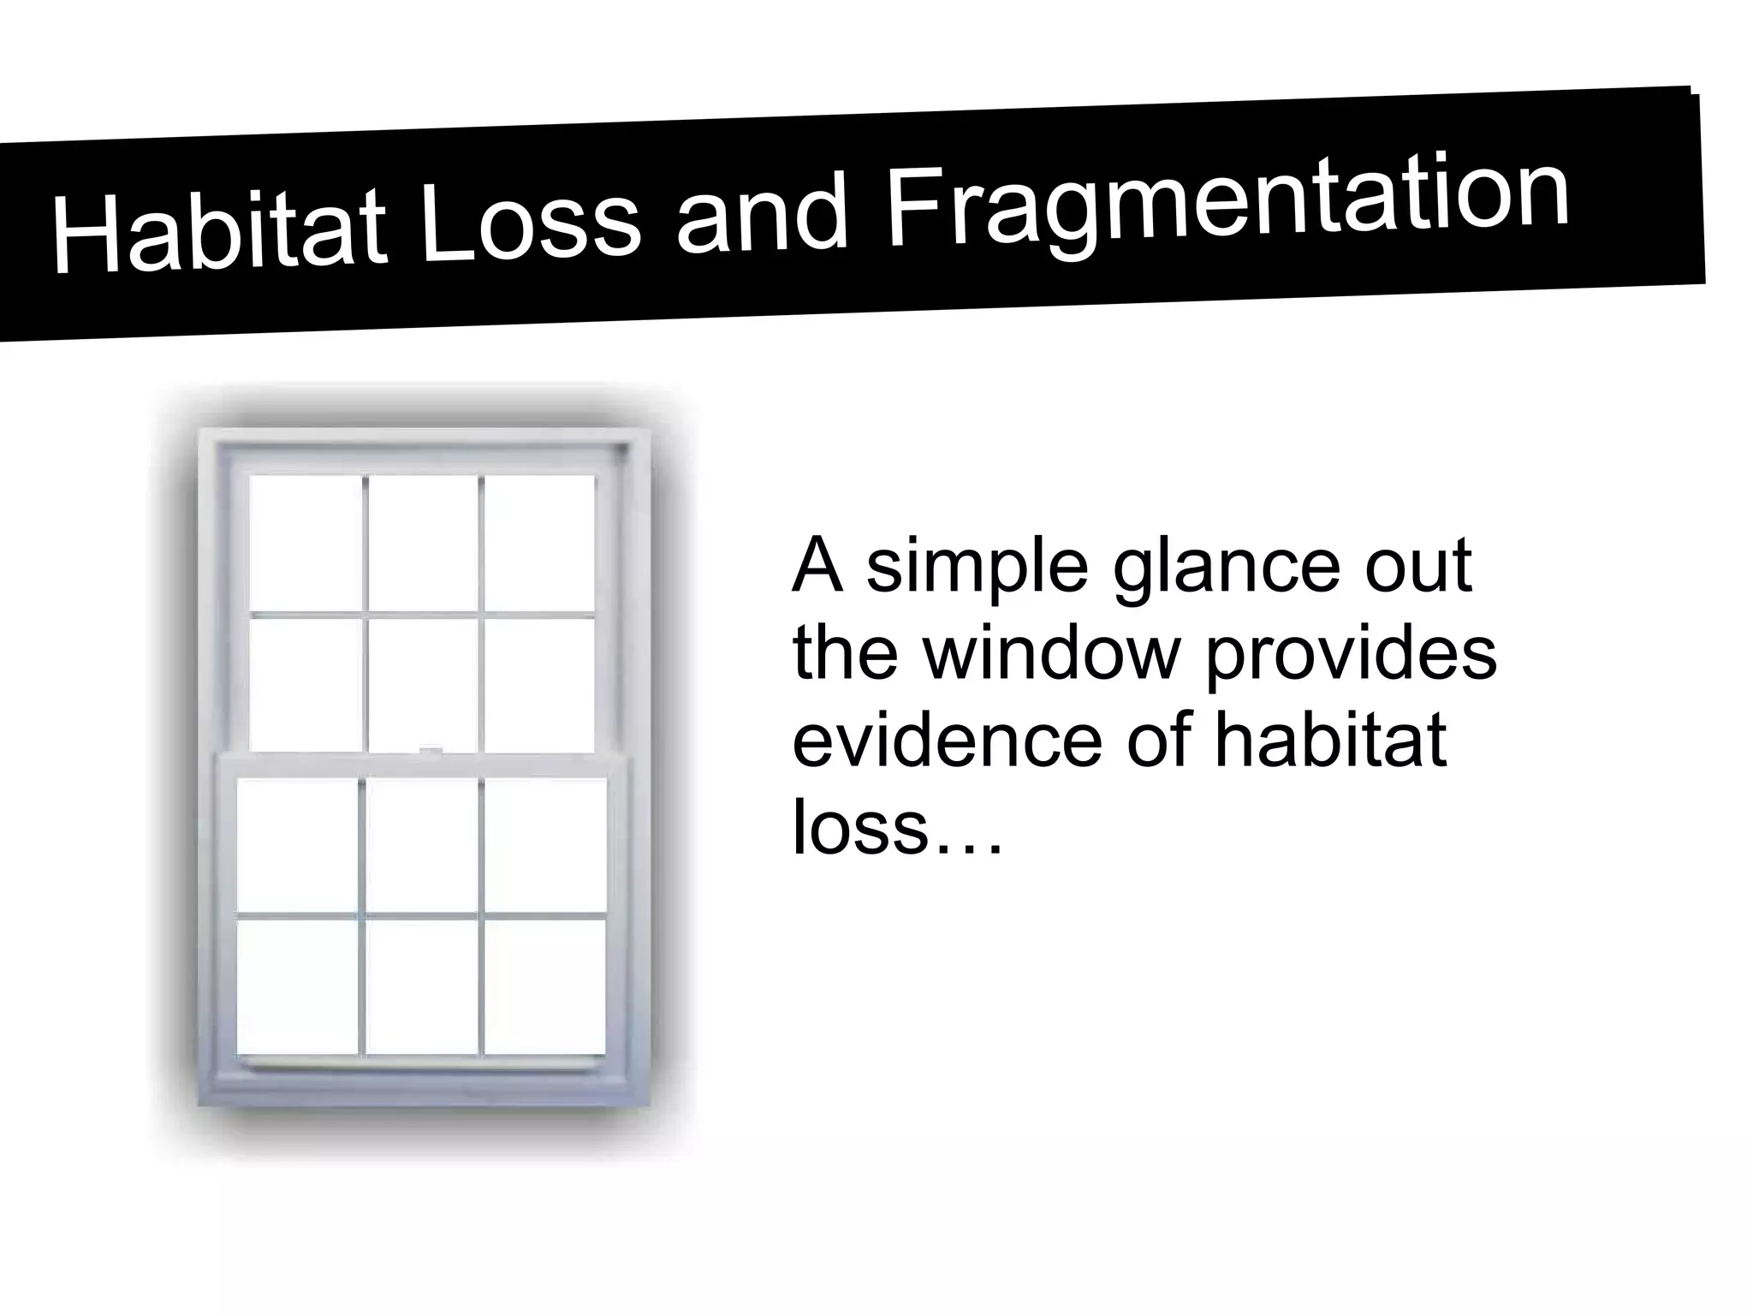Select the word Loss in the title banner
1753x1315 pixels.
(x=532, y=218)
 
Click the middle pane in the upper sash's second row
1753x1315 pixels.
(x=423, y=683)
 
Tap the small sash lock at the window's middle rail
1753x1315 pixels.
(x=431, y=751)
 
